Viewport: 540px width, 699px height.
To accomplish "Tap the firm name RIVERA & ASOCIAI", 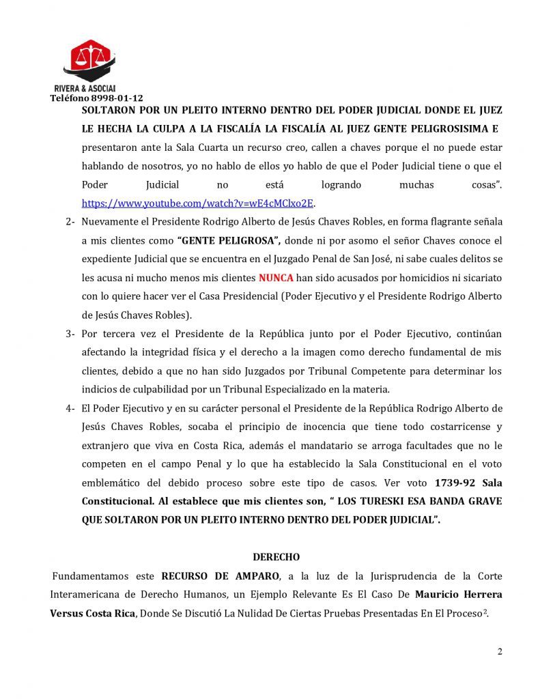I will [84, 89].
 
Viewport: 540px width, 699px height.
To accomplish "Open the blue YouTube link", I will [198, 203].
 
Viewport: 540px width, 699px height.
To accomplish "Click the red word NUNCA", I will [276, 278].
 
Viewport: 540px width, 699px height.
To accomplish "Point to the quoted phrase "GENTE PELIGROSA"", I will [228, 240].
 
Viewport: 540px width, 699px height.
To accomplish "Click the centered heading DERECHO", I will [276, 558].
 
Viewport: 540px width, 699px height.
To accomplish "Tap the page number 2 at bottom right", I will [500, 651].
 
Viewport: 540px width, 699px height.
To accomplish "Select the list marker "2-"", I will [70, 222].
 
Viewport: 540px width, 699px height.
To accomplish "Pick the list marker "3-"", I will [70, 334].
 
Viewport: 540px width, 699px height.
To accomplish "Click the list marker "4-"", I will [70, 408].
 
